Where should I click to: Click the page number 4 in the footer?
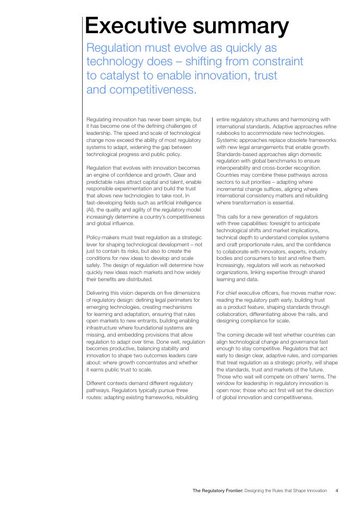[x=337, y=491]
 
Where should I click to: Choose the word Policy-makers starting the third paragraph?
[x=102, y=238]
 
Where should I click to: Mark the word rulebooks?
[x=228, y=133]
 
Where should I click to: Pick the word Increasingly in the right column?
[x=231, y=265]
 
